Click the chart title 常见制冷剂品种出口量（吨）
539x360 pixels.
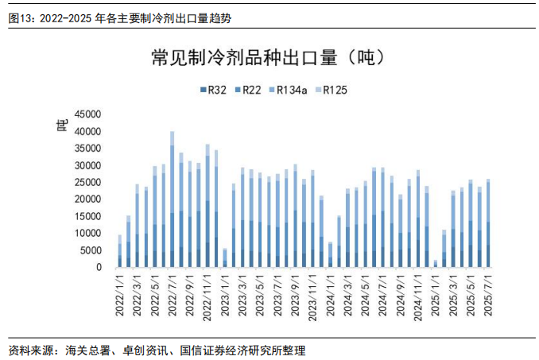pyautogui.click(x=269, y=58)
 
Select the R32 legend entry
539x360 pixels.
pyautogui.click(x=214, y=90)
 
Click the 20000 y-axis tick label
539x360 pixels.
pyautogui.click(x=87, y=199)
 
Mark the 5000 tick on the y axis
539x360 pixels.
pyautogui.click(x=90, y=251)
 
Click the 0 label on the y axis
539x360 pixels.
pyautogui.click(x=99, y=268)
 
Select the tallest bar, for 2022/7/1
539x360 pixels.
pyautogui.click(x=173, y=199)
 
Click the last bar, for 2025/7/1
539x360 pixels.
pyautogui.click(x=487, y=223)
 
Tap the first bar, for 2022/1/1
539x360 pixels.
pyautogui.click(x=120, y=251)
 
